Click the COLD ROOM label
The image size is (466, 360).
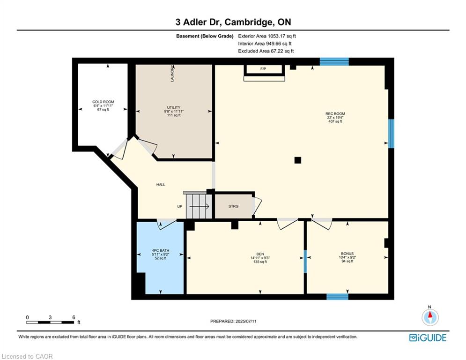tap(103, 102)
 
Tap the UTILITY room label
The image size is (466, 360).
tap(174, 107)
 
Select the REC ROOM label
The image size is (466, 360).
tap(335, 113)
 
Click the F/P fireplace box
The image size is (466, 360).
tap(263, 69)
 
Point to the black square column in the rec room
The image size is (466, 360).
tap(298, 160)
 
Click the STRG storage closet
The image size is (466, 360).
tap(234, 206)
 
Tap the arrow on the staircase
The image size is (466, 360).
tap(200, 206)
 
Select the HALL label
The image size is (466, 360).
tap(161, 185)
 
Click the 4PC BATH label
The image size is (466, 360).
tap(161, 250)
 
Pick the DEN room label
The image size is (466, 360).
tap(260, 254)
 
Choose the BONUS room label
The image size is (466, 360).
tap(347, 254)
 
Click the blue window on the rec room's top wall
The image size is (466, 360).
tap(334, 61)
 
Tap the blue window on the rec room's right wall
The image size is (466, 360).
tap(392, 134)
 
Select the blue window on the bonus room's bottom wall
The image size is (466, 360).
tap(337, 297)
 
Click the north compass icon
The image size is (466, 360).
tap(430, 317)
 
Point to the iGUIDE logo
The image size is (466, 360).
tap(428, 337)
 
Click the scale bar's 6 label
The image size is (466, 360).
tap(74, 317)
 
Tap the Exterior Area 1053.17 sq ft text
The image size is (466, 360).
tap(267, 36)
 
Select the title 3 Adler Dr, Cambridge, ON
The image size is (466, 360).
tap(233, 22)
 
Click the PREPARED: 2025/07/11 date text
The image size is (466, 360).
tap(233, 321)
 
